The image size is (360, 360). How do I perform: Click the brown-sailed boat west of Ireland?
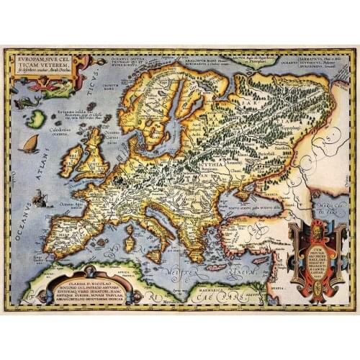click(31, 144)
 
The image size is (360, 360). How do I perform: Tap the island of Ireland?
click(71, 161)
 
